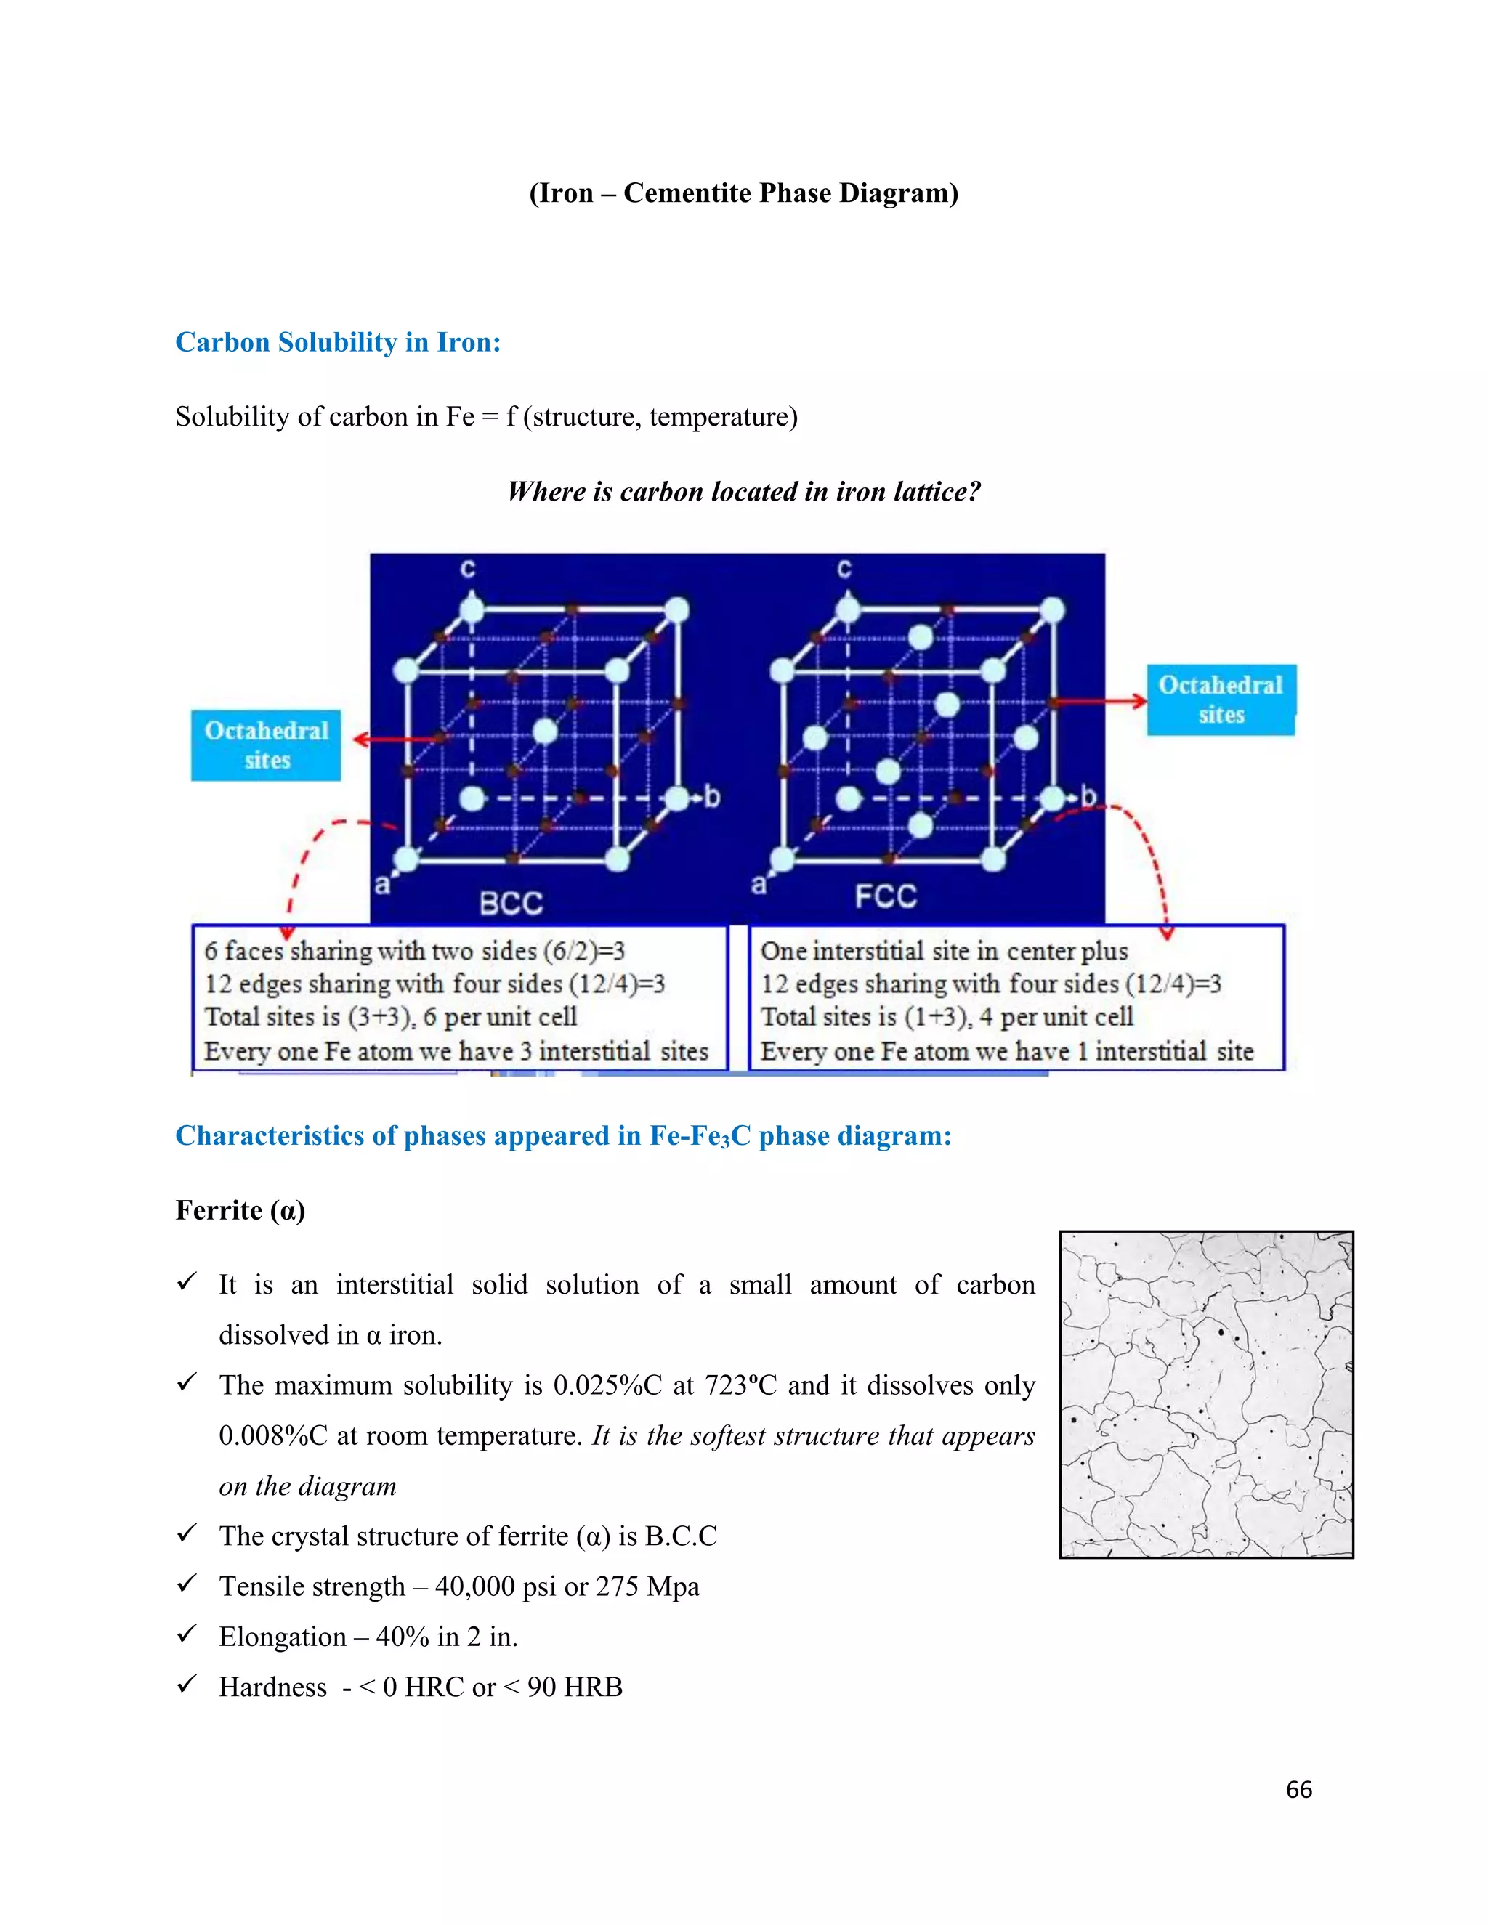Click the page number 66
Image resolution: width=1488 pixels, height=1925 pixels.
tap(1298, 1789)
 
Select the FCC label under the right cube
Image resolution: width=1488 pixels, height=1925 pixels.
tap(885, 897)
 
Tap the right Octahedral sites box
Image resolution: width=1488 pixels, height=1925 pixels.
tap(1220, 700)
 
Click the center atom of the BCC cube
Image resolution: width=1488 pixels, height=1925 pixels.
tap(545, 731)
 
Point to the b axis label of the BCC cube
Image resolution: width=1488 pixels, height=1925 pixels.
tap(711, 797)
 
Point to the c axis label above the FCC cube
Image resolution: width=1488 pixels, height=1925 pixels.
tap(844, 570)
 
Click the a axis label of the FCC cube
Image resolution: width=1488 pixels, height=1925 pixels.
tap(758, 884)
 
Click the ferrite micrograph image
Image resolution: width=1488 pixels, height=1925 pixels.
tap(1206, 1395)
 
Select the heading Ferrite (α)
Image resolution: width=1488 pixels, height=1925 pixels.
tap(240, 1210)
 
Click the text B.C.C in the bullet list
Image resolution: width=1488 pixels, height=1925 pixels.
tap(681, 1536)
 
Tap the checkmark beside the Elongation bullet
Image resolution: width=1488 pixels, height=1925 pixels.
tap(186, 1634)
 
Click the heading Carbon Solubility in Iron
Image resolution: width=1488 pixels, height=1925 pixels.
tap(338, 342)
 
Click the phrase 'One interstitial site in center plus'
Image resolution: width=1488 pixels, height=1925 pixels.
tap(943, 951)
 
